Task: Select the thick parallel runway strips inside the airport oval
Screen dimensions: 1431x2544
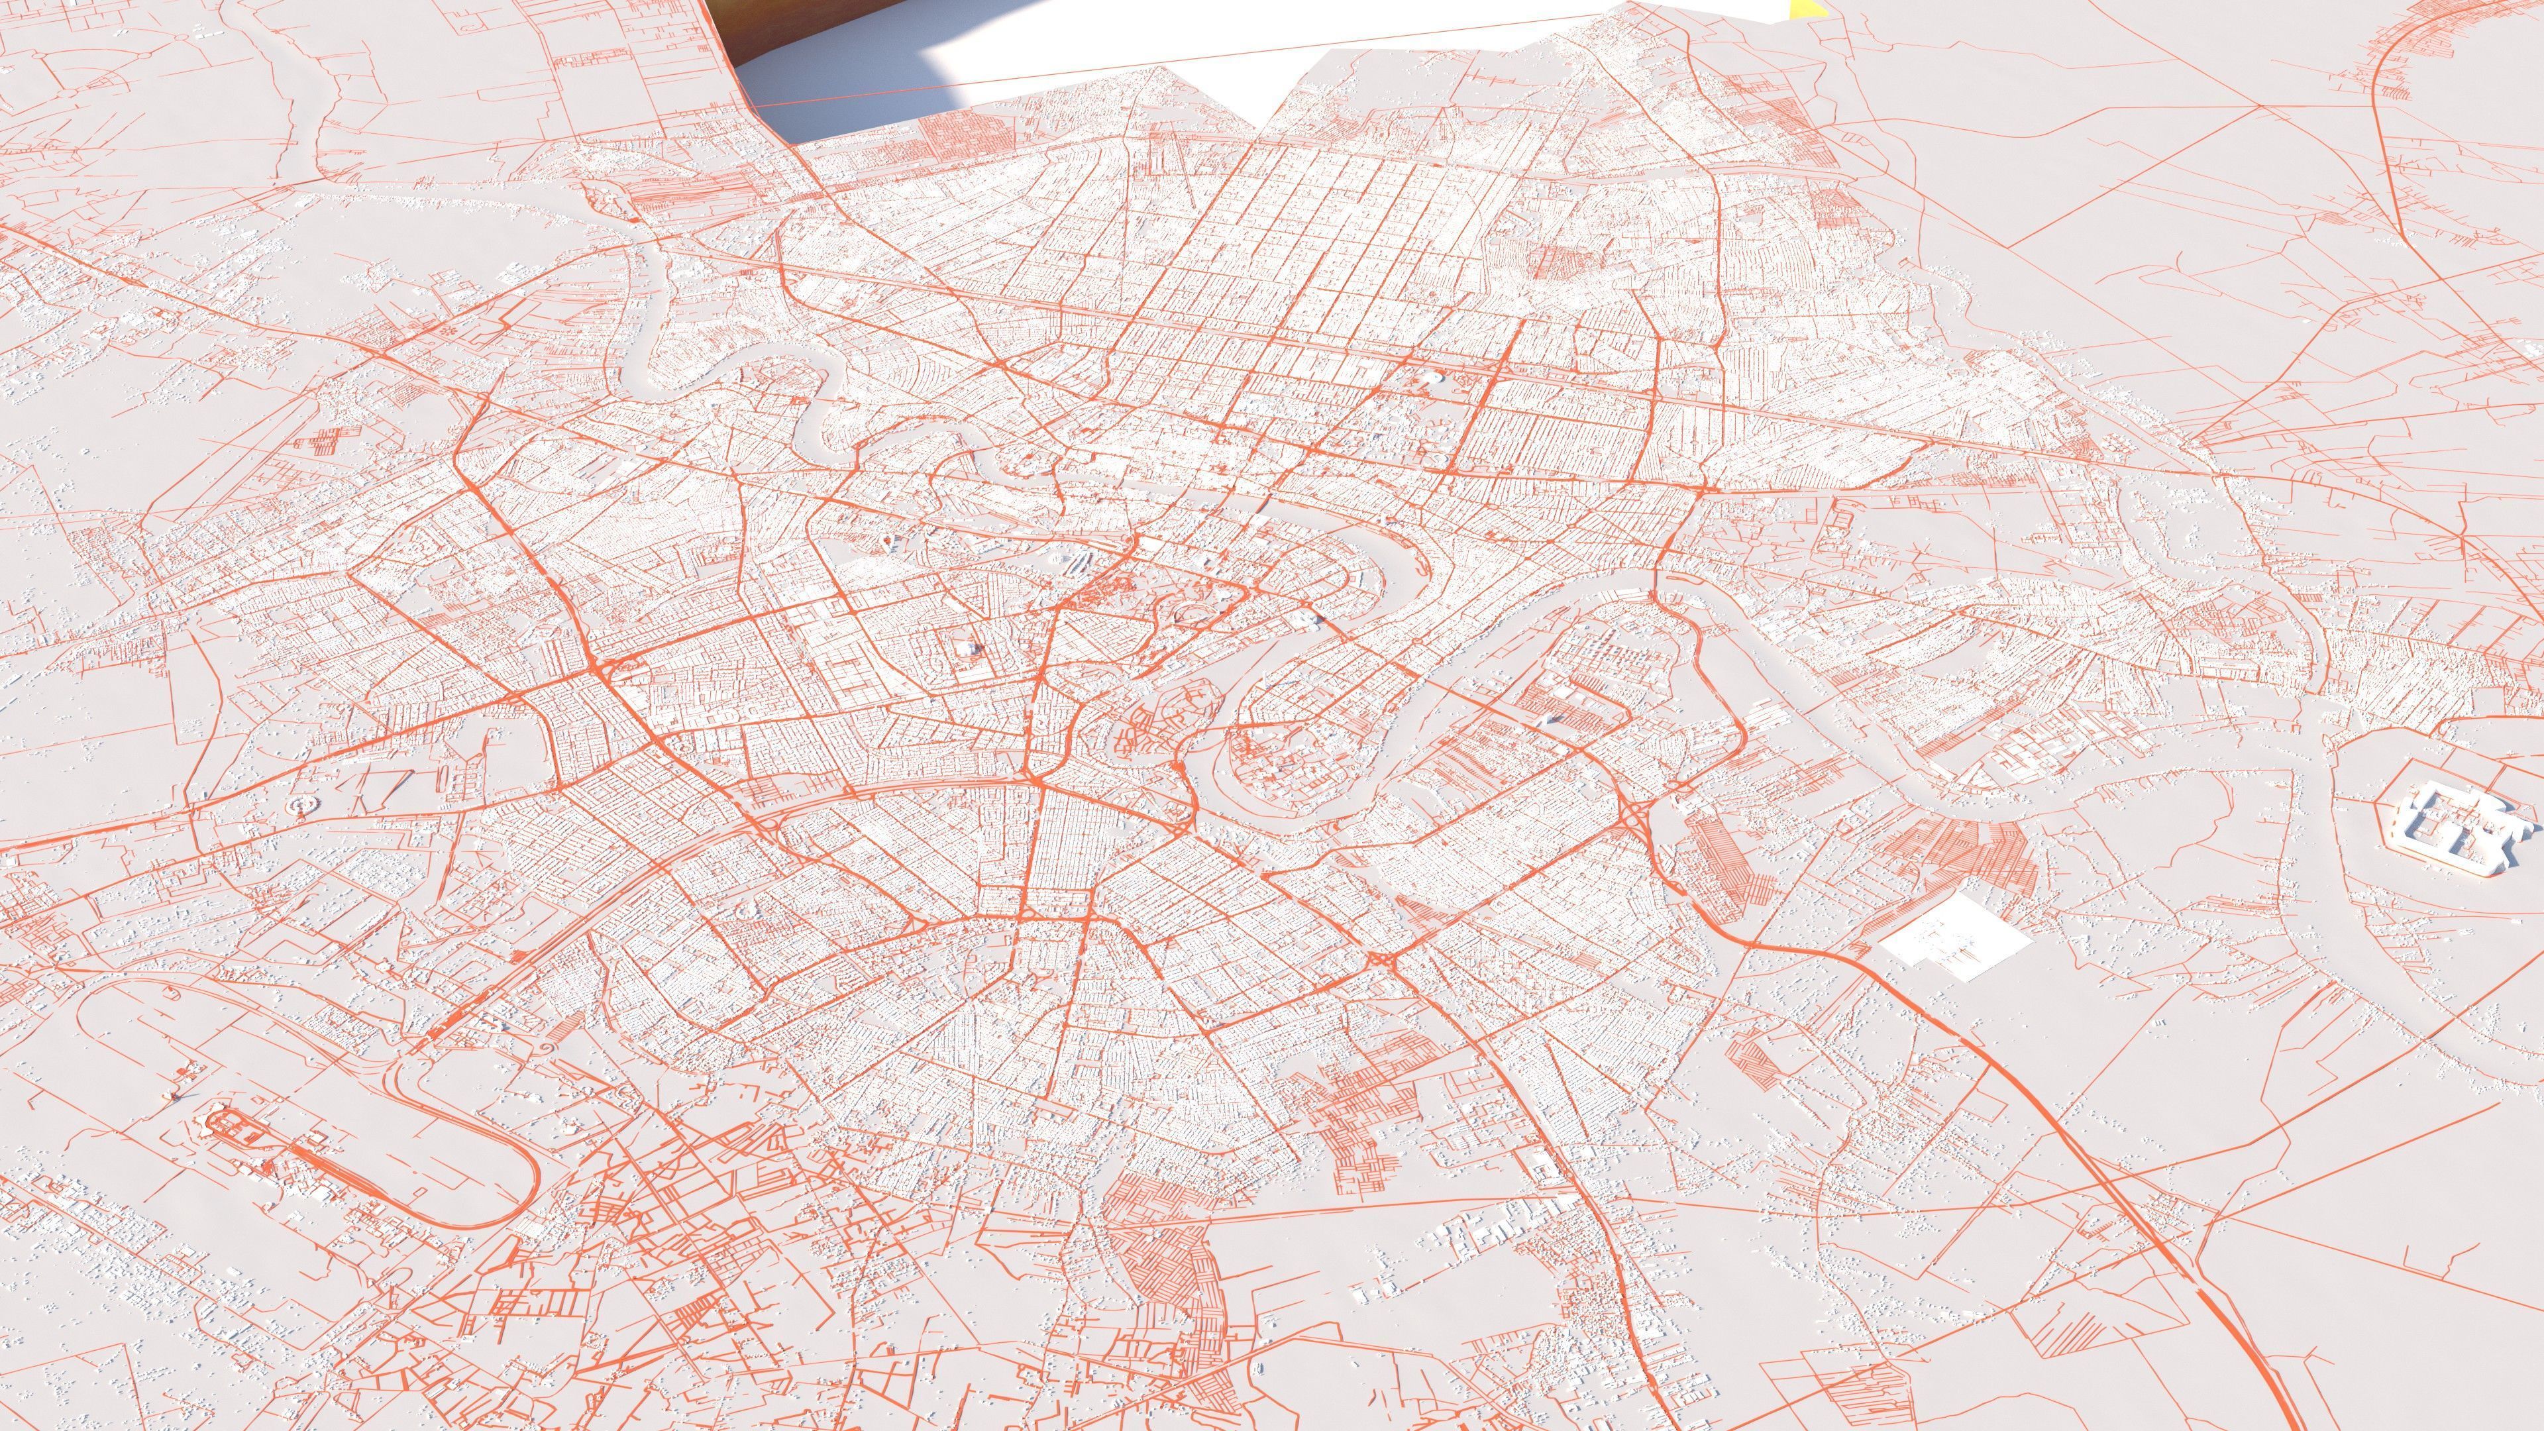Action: pyautogui.click(x=326, y=1165)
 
